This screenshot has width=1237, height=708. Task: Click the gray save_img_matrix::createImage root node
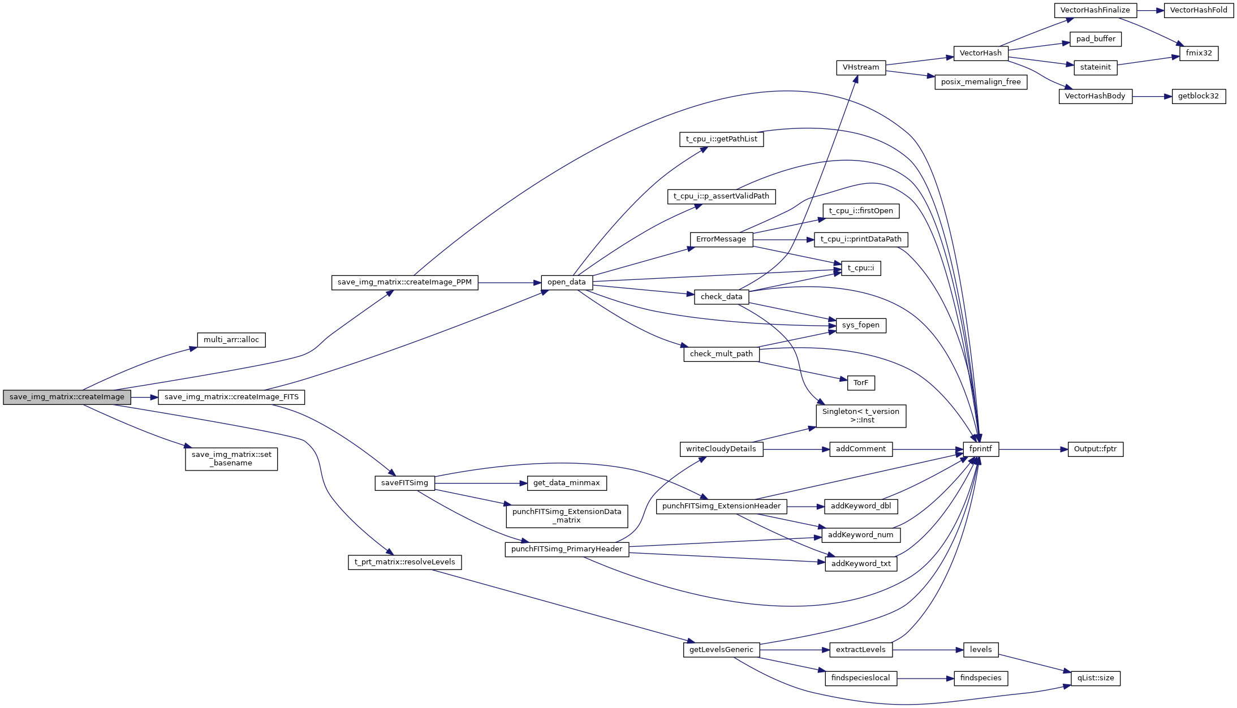click(67, 397)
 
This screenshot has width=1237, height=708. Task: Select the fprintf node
click(980, 449)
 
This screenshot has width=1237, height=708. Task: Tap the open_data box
click(566, 282)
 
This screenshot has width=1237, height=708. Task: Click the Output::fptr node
click(1095, 449)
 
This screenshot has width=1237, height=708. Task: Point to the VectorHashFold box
click(1198, 10)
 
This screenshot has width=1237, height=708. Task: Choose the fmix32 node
click(1199, 53)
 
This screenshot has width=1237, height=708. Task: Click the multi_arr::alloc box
click(231, 340)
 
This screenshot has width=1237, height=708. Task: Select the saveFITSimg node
click(404, 483)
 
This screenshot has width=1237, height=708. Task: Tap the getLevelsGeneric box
click(721, 650)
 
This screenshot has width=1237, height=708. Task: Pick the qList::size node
click(1095, 678)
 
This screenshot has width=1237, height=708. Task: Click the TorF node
click(860, 383)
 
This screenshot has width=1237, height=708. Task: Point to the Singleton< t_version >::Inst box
click(860, 416)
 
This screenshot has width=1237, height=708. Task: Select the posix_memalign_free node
click(980, 82)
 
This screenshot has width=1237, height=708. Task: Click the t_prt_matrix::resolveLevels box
click(404, 562)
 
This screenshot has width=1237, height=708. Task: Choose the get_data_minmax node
click(566, 483)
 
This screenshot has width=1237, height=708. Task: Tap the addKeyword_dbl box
click(860, 506)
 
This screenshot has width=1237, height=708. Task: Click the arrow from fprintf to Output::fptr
click(1033, 450)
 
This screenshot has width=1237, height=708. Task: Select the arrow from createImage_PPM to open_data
click(509, 283)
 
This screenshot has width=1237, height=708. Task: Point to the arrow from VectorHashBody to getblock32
click(1152, 97)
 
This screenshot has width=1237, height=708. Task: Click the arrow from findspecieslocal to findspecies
click(925, 679)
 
